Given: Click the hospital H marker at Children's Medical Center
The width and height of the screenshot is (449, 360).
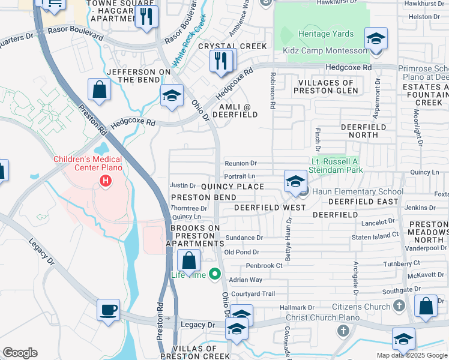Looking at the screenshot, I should (106, 180).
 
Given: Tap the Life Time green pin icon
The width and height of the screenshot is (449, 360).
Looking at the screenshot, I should (216, 275).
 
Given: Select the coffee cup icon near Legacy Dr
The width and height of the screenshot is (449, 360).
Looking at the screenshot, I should (109, 310).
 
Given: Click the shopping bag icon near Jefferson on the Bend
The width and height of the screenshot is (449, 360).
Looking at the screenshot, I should (100, 90).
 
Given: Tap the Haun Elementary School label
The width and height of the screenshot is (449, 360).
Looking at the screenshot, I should (349, 191).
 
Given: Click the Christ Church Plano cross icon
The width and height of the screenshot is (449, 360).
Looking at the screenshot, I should (343, 331).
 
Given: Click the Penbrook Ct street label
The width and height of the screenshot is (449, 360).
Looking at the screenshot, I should (264, 265).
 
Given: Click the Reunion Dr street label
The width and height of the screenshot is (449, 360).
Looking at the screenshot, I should (241, 163).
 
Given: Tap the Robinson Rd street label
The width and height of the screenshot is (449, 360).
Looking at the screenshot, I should (273, 91).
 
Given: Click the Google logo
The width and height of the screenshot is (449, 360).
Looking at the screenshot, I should (20, 353).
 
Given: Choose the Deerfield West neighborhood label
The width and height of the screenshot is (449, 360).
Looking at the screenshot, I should (270, 207).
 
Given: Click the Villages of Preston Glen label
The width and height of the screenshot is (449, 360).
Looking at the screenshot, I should (326, 86).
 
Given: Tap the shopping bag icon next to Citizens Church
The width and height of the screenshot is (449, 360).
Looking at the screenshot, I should (426, 305).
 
